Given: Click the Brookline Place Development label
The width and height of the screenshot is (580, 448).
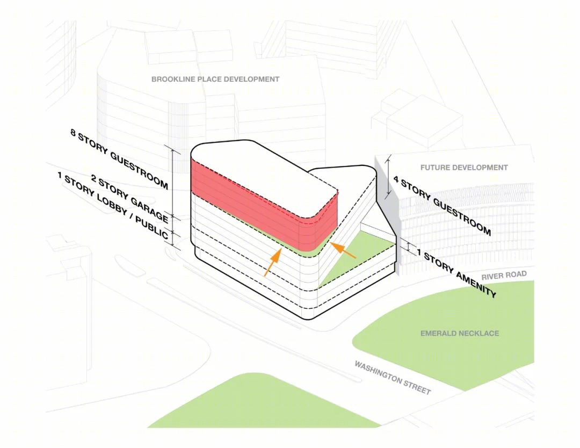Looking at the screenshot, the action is (x=215, y=79).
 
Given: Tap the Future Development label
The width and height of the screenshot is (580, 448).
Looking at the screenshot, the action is (x=464, y=168).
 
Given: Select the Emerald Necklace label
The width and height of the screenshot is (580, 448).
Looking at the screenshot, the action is (x=459, y=334).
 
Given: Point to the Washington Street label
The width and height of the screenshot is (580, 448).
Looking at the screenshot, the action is (x=393, y=378).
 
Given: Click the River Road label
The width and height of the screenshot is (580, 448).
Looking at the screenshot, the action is (x=504, y=275).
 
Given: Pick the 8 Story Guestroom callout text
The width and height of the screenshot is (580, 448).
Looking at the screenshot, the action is (x=119, y=159).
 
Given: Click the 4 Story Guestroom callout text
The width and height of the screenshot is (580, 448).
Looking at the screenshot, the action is (x=442, y=206).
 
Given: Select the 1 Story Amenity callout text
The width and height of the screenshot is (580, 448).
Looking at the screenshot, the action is (x=456, y=273).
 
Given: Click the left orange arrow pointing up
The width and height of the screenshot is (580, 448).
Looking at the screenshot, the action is (x=272, y=262).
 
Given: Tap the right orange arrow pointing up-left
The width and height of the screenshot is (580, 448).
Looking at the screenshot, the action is (x=343, y=250).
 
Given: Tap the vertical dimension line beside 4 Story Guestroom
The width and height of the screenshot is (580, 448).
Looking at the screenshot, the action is (x=388, y=176).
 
